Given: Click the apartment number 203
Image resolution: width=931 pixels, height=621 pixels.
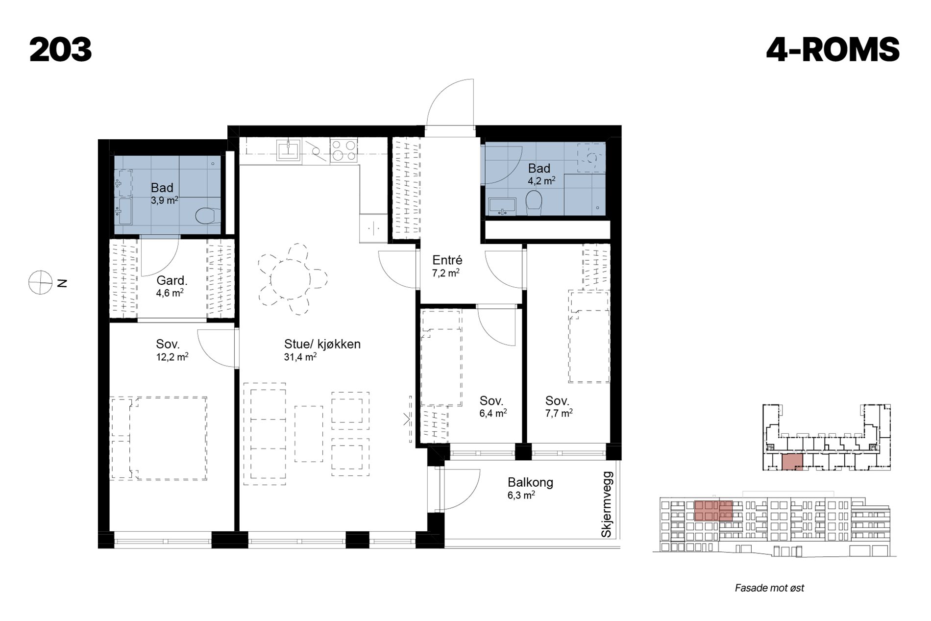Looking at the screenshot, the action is (x=61, y=50).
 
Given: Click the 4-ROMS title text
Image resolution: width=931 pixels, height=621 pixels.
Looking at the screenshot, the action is (x=833, y=50).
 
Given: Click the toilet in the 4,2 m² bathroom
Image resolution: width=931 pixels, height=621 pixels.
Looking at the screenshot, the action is (x=534, y=203).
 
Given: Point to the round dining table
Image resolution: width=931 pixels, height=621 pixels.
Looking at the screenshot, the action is (x=291, y=279).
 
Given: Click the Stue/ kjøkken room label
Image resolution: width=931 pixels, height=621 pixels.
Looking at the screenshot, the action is (x=322, y=344).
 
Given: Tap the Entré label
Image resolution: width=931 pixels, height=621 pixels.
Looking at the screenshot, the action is (x=447, y=260).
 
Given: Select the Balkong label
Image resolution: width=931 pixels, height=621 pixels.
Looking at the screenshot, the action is (x=531, y=482).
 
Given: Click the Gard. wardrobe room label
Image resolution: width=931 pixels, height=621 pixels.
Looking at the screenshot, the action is (x=172, y=281).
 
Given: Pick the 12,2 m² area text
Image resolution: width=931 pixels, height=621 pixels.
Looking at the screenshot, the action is (x=172, y=357).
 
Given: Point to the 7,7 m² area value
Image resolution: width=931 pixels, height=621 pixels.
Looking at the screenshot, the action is (x=559, y=413).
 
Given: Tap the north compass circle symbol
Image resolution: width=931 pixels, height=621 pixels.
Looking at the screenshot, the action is (x=40, y=283).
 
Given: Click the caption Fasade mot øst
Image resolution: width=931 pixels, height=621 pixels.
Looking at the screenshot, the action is (x=769, y=588).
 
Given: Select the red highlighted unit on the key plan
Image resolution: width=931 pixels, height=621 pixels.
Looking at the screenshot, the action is (x=792, y=462).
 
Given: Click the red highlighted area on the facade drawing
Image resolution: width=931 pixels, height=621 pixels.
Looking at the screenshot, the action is (x=713, y=510).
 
